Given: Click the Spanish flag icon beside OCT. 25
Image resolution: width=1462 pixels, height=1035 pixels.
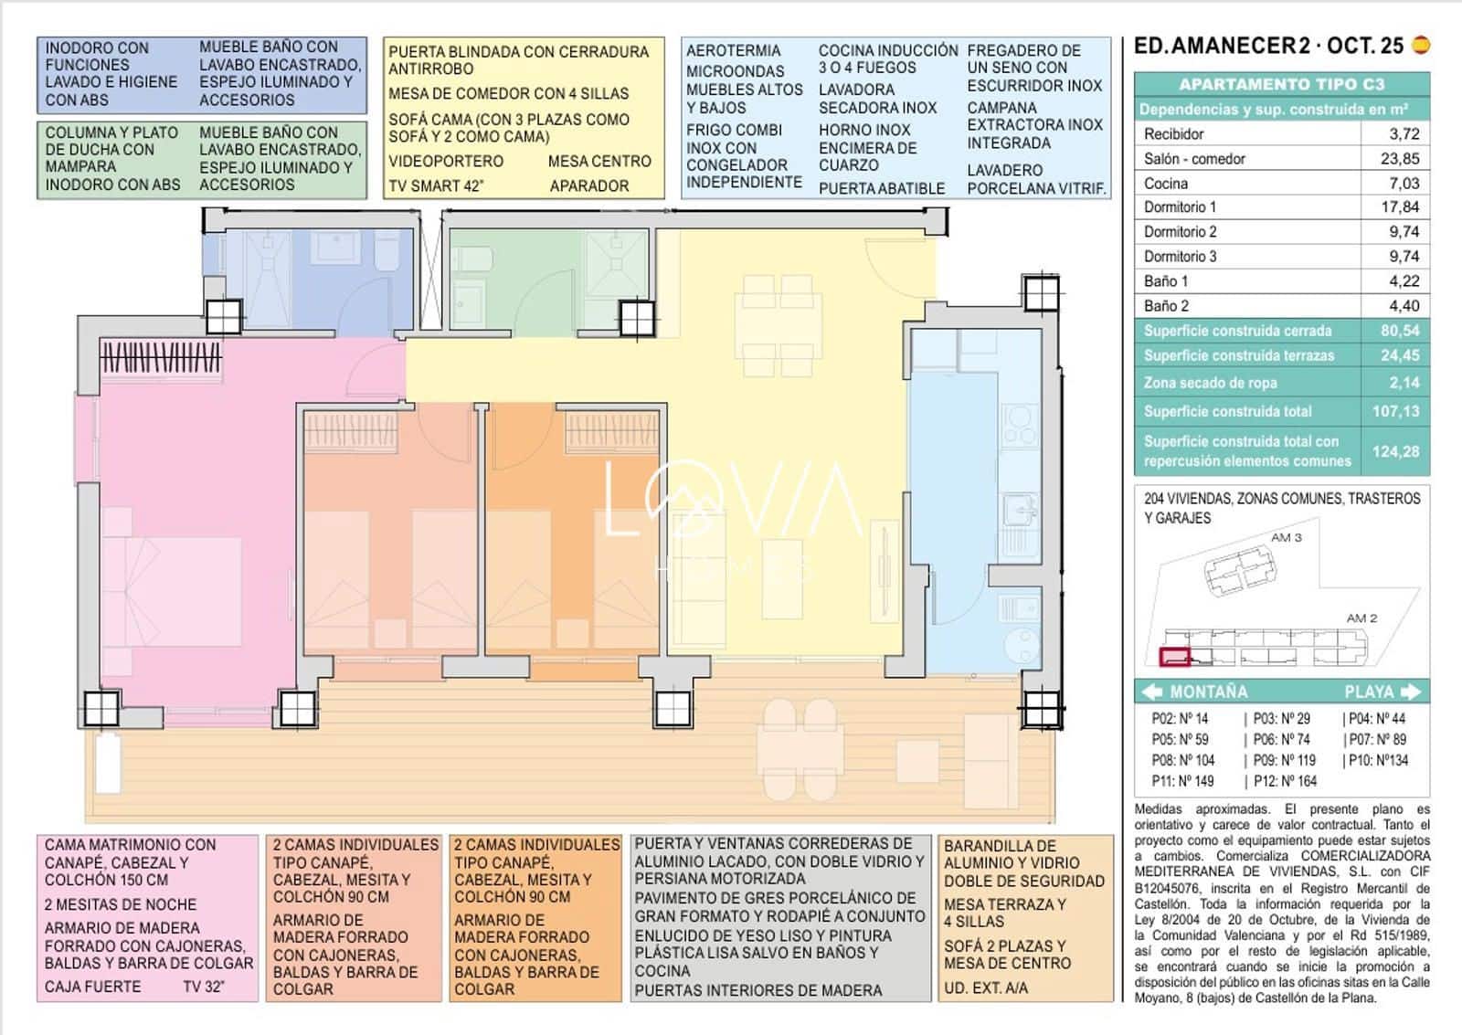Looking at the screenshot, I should point(1420,45).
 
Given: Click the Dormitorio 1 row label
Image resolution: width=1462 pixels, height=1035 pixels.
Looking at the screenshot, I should point(1180,207).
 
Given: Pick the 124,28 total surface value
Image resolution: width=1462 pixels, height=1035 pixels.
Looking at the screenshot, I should point(1395,451).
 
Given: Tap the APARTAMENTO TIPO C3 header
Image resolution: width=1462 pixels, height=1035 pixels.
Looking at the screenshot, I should point(1281,84).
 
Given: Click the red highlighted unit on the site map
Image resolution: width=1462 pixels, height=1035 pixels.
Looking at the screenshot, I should point(1174,656).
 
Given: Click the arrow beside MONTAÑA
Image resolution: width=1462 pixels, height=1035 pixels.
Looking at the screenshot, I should point(1152,692).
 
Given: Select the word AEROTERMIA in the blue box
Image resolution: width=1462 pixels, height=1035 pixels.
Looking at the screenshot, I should point(733,51).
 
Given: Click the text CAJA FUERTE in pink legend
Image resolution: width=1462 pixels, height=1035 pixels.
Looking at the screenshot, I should point(92,987).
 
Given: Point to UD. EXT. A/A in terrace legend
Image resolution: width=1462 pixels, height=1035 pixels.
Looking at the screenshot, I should point(985,987).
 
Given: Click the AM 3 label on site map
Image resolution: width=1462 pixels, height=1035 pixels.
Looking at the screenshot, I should point(1286,537).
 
